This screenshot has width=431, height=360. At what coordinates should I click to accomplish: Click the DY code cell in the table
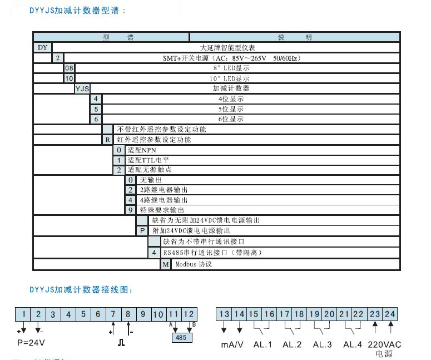pos(43,47)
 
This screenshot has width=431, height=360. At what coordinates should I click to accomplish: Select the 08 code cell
pos(69,68)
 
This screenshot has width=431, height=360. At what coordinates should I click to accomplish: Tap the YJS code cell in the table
pos(82,88)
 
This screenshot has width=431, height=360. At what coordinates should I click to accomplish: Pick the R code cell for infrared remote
pos(107,139)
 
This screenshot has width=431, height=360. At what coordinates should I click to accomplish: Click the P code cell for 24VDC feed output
pos(142,230)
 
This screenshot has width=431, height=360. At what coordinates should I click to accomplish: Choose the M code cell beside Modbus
pos(166,264)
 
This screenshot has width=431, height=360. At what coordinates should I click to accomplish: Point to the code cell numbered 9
pos(130,210)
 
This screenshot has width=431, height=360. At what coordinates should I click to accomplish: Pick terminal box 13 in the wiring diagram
pos(224,314)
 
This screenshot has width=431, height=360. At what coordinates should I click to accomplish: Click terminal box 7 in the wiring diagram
pos(113,314)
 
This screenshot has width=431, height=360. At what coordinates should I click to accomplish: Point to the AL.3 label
pos(322,344)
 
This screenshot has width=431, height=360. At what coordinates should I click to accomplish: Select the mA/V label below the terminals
pos(232,344)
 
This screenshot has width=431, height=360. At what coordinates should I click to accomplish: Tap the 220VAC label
pos(383,344)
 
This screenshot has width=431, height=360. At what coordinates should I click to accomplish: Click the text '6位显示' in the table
pos(231,119)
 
